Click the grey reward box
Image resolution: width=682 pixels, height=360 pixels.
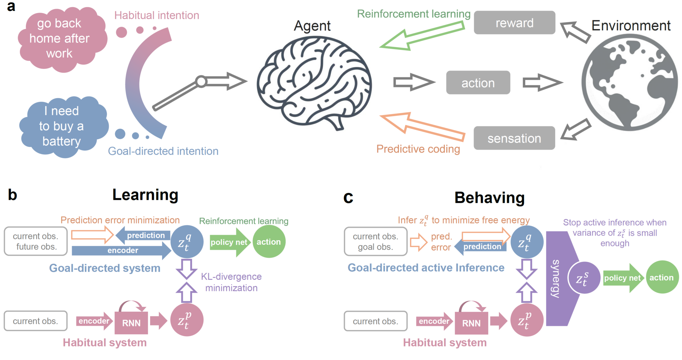[x=514, y=23]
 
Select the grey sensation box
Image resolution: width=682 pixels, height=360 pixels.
[x=514, y=138]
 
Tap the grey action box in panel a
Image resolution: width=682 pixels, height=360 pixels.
[x=478, y=83]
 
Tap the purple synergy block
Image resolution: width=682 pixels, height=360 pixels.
[x=559, y=278]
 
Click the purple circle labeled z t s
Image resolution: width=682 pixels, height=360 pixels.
[x=584, y=278]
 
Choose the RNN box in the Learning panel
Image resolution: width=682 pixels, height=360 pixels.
[x=131, y=323]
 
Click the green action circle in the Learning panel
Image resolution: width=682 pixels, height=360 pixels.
[x=269, y=242]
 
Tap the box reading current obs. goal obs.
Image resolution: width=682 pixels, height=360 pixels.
[x=375, y=241]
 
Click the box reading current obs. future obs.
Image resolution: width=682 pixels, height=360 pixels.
[x=35, y=241]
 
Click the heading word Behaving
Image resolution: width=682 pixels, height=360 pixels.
[x=489, y=198]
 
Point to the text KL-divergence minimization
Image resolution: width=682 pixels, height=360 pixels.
[x=231, y=282]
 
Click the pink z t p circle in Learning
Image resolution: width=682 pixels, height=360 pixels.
[x=186, y=320]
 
